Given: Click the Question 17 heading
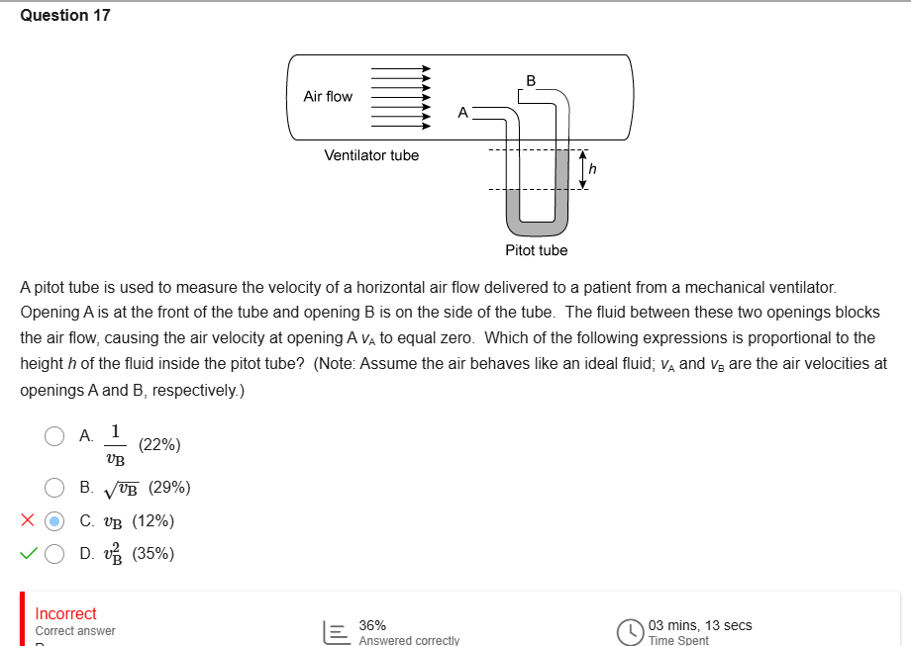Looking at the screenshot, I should [65, 15].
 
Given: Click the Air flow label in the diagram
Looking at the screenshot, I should [328, 96].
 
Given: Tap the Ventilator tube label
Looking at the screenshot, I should [371, 155].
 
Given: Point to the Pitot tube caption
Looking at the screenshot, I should [536, 250].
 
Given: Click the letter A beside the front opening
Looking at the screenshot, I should [462, 113].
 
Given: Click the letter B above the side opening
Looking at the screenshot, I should [531, 79].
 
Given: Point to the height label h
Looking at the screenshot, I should [594, 170].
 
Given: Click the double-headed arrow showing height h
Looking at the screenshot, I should [583, 169].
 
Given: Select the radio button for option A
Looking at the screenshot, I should [55, 436].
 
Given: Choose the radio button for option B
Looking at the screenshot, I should [55, 487].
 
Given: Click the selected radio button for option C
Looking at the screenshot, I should [55, 520].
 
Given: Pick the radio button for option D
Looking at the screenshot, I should [55, 554].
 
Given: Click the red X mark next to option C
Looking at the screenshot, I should [29, 520].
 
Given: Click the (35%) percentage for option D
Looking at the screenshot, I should [153, 554].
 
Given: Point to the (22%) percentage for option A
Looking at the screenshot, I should [159, 445].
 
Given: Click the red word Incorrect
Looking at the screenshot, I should [65, 613].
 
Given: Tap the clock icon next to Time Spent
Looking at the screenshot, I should [630, 631].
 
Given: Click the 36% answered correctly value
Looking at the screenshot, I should [372, 625].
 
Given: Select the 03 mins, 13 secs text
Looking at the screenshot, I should [700, 625].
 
